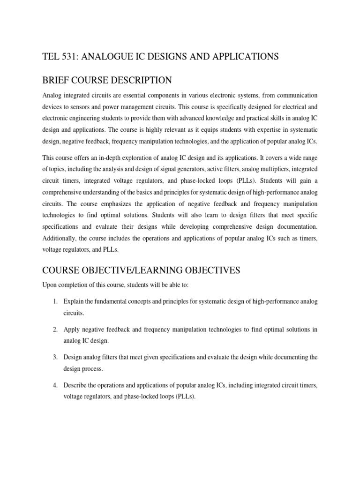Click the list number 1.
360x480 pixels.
tap(55, 301)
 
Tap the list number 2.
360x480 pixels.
tap(55, 330)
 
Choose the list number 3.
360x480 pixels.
tap(55, 357)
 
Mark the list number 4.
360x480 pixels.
tap(55, 385)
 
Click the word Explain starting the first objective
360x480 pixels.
tap(75, 301)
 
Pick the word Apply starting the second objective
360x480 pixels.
tap(72, 330)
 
